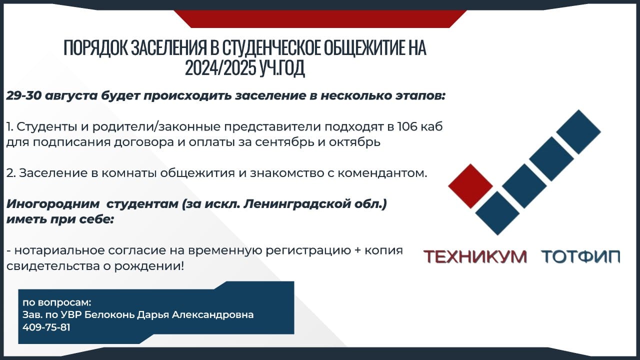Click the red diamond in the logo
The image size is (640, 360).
pos(470,186)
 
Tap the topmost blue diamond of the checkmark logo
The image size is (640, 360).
pos(578,132)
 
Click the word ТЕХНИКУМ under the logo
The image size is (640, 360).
pos(475,256)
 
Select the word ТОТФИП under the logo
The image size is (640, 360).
pos(580,256)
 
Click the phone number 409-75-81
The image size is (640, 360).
pos(46,327)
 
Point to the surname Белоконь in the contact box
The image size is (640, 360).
pos(109,315)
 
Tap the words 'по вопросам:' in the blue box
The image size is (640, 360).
pos(57,302)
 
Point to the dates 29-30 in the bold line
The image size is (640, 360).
pos(23,96)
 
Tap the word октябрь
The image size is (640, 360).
pos(354,142)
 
